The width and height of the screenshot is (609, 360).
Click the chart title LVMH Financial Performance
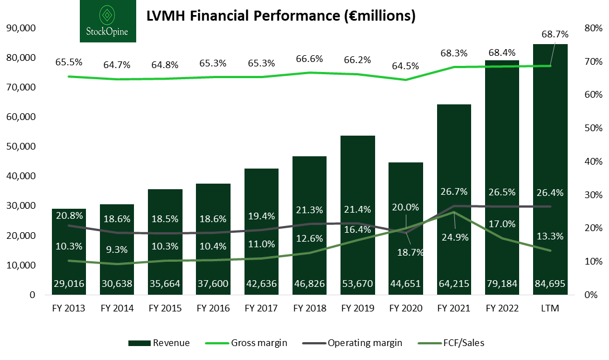point(281,16)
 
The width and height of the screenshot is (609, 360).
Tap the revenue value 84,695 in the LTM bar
point(550,284)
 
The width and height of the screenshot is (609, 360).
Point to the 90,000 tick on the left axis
point(20,28)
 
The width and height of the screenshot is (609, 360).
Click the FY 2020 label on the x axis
point(405,308)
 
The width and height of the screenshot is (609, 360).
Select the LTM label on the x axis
point(550,308)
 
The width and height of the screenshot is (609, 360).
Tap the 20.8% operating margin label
point(69,215)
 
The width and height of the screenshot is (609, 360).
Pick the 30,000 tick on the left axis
point(20,206)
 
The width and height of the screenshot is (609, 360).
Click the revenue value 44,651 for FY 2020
point(405,284)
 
